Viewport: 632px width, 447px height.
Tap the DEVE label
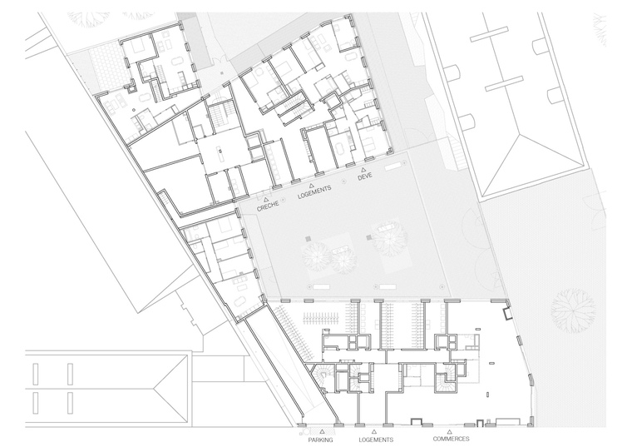tap(365, 176)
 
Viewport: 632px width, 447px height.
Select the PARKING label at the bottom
tap(321, 440)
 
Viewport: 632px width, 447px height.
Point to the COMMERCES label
tap(451, 439)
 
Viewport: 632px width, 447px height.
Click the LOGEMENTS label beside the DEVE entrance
tap(314, 192)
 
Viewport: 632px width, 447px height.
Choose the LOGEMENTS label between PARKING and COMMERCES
tap(376, 440)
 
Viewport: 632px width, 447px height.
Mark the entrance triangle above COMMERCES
tap(449, 432)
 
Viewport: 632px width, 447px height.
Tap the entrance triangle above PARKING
tap(322, 432)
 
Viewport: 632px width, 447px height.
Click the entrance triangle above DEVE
tap(363, 170)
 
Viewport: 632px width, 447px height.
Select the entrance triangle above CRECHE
tap(265, 199)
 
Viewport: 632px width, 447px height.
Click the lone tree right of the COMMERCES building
tap(573, 310)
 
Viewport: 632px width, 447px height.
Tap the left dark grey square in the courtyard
tap(308, 238)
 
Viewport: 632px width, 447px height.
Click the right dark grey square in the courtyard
tap(368, 237)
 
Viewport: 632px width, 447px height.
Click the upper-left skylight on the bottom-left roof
tap(36, 374)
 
